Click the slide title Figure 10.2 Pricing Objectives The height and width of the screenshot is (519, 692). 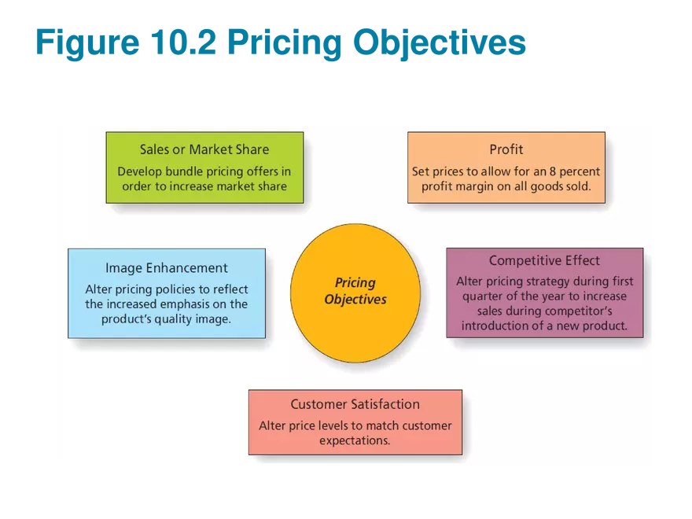(279, 43)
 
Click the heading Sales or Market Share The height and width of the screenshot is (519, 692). (204, 149)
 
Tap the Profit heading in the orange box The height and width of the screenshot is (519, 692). (506, 149)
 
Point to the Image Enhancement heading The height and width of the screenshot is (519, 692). (167, 268)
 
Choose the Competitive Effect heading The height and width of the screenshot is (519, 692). (544, 260)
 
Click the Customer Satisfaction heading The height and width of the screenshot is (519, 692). (355, 404)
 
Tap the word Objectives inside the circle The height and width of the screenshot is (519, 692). (355, 300)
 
